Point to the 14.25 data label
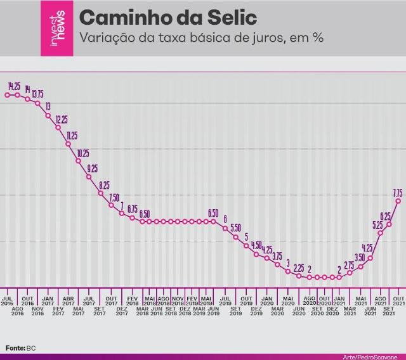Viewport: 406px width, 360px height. (x=15, y=86)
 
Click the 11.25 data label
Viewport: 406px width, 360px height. (x=72, y=136)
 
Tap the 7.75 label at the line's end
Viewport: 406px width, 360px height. (x=398, y=192)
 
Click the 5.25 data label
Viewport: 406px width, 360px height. (x=377, y=224)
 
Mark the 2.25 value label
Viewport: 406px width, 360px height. (x=298, y=267)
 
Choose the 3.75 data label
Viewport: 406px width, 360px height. (x=277, y=256)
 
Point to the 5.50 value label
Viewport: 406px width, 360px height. (x=235, y=228)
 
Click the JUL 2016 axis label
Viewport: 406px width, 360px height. (x=7, y=300)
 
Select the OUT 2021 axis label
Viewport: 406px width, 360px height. (x=398, y=300)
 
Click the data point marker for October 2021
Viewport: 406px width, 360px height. (x=398, y=201)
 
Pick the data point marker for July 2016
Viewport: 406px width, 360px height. (x=7, y=95)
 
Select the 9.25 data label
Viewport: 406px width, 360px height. (x=93, y=168)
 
